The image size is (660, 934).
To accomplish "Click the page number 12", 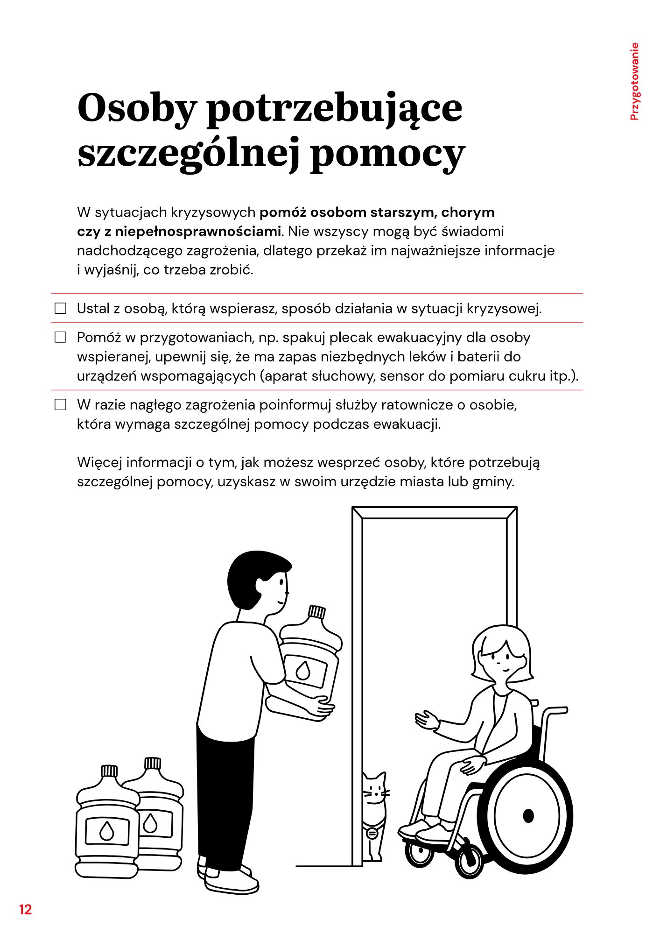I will pyautogui.click(x=25, y=909).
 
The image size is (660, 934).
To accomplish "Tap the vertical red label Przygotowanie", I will pyautogui.click(x=634, y=82).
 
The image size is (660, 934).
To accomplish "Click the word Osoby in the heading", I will pyautogui.click(x=136, y=108).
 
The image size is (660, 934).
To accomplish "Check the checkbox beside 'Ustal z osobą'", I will pyautogui.click(x=61, y=309).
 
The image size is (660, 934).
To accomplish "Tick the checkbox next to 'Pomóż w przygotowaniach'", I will pyautogui.click(x=61, y=337).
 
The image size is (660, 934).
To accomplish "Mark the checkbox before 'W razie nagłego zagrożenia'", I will pyautogui.click(x=61, y=405).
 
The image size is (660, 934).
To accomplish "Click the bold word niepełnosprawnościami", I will pyautogui.click(x=198, y=232).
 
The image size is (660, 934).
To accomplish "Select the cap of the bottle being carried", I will pyautogui.click(x=316, y=612).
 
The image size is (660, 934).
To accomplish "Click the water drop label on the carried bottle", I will pyautogui.click(x=303, y=671).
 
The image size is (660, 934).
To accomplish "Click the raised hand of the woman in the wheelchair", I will pyautogui.click(x=426, y=720).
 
